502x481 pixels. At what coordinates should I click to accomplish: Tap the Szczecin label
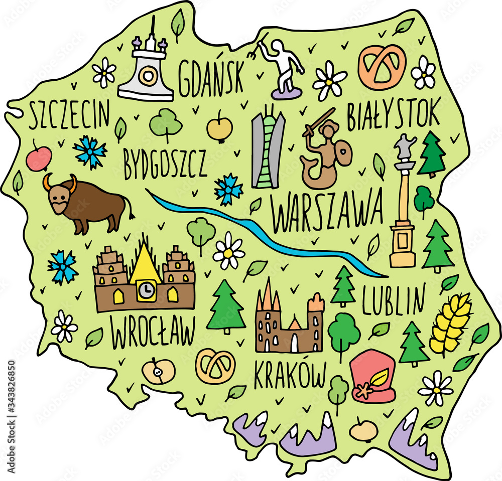69,114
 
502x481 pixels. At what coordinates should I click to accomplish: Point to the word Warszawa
327,209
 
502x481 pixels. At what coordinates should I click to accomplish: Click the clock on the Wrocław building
146,289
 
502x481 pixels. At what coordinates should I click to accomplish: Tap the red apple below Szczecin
39,158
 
